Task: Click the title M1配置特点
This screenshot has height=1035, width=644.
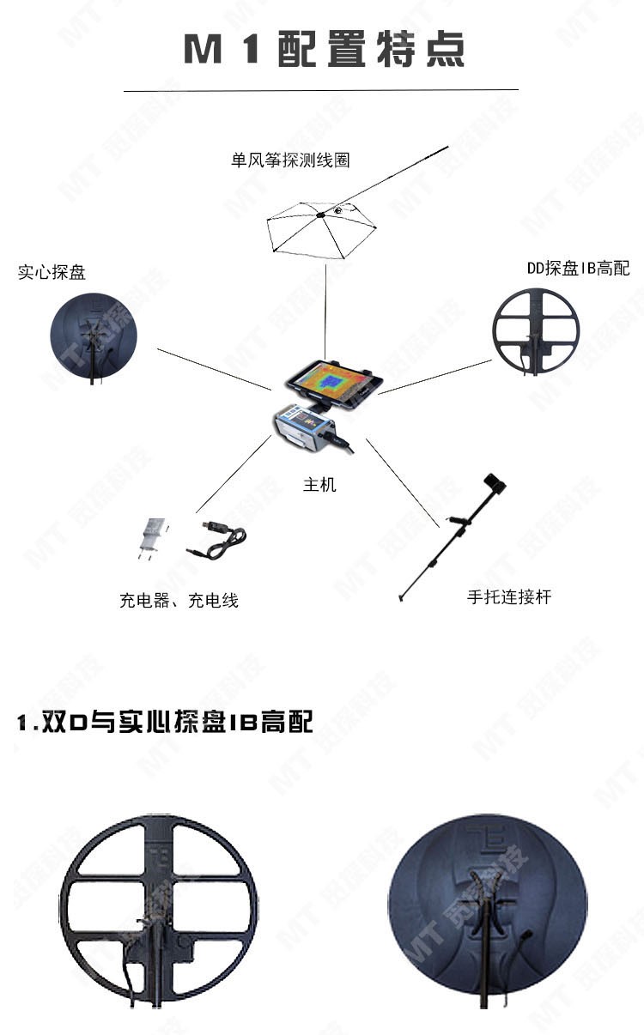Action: click(x=325, y=49)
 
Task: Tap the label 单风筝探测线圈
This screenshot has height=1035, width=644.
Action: click(x=290, y=160)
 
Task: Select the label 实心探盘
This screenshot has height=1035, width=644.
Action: click(x=52, y=272)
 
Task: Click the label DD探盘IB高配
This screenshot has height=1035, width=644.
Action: click(x=579, y=268)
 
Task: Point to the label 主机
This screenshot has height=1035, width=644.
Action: click(x=319, y=485)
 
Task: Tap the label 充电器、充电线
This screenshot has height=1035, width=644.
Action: click(x=179, y=600)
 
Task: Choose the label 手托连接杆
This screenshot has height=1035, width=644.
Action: click(x=509, y=597)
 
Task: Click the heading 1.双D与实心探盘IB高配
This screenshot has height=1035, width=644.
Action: click(x=165, y=722)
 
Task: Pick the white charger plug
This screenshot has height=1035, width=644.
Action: click(x=152, y=538)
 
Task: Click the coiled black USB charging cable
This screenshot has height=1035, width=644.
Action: click(x=216, y=541)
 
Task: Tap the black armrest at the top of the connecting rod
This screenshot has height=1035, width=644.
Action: click(x=495, y=483)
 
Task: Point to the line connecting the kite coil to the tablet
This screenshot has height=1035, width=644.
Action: click(x=325, y=312)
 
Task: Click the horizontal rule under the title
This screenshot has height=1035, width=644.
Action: click(x=321, y=90)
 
